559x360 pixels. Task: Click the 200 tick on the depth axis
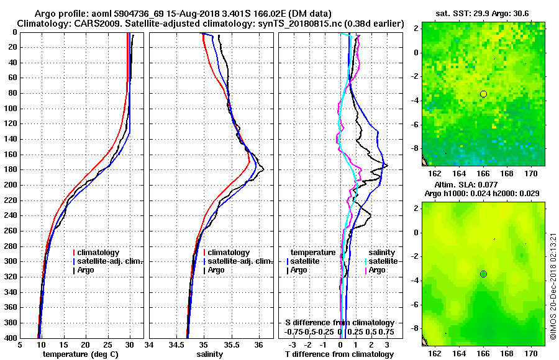tap(11, 185)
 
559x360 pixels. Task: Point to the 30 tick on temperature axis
tap(130, 344)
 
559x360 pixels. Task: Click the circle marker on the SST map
tap(483, 94)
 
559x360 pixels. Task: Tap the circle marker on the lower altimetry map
tap(483, 274)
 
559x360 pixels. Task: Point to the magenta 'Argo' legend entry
tap(378, 270)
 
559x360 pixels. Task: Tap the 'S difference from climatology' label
tap(340, 323)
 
